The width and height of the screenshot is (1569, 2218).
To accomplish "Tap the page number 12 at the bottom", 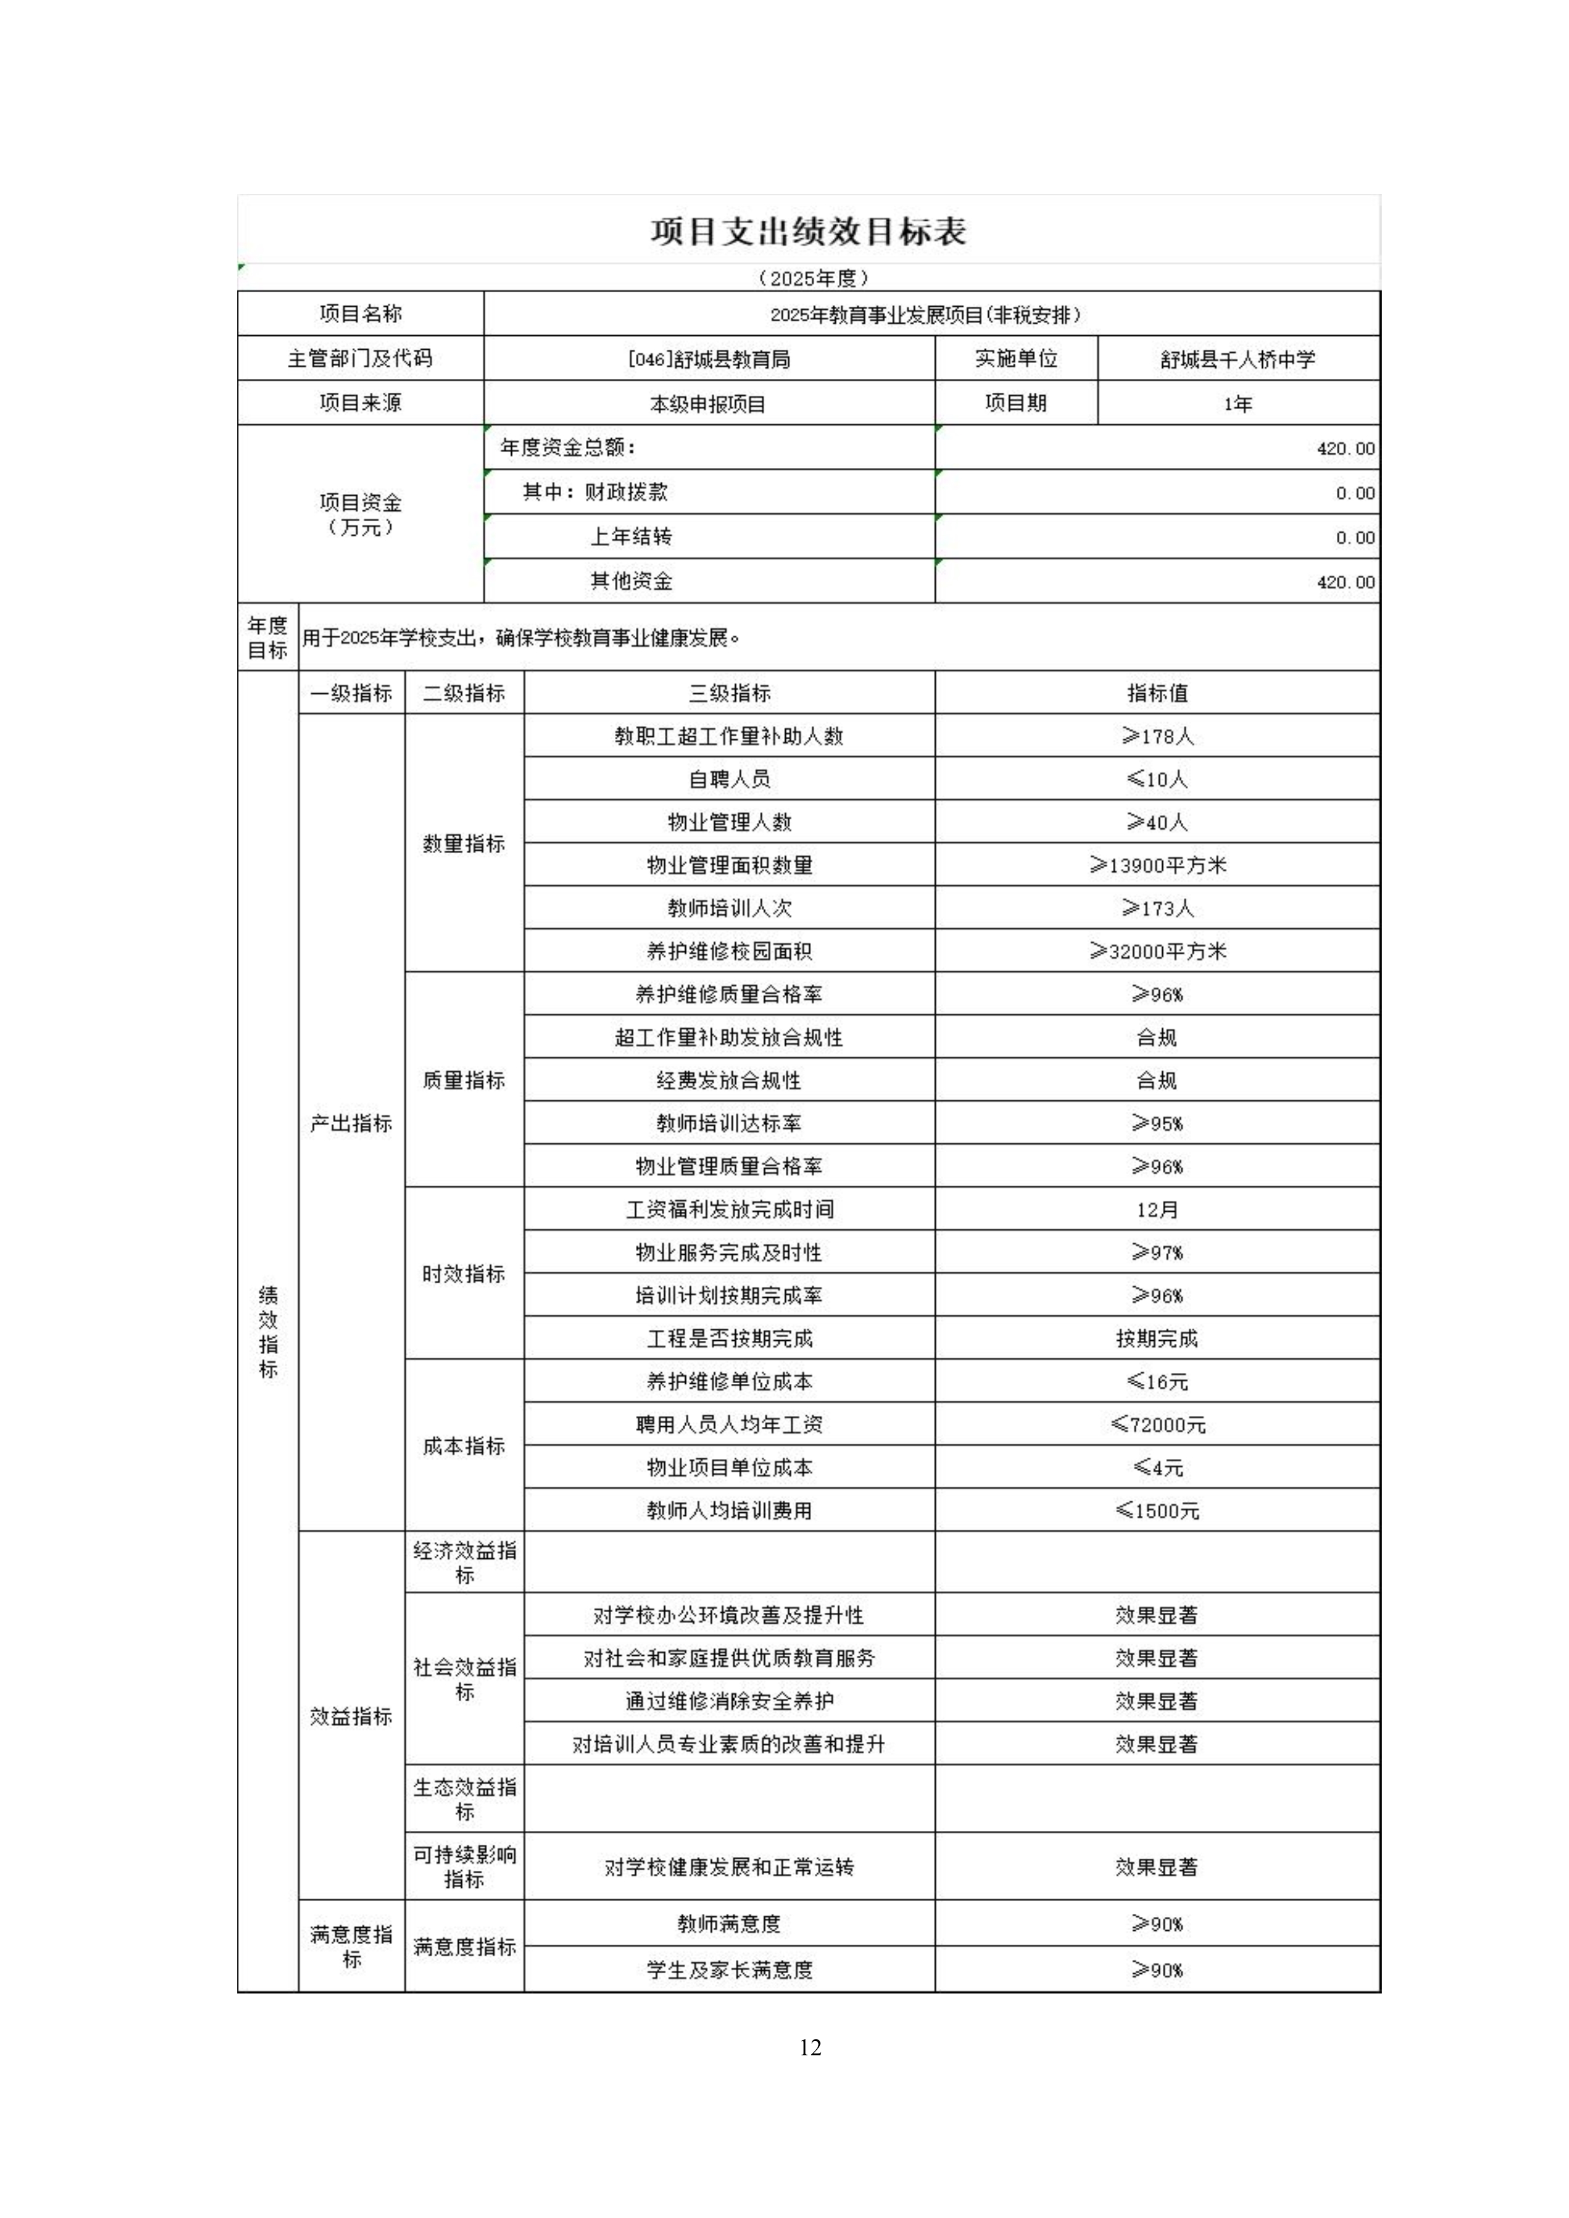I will tap(810, 2047).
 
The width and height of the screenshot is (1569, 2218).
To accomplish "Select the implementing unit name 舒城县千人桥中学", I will tap(1237, 359).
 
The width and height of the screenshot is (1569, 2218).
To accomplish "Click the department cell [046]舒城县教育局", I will tap(709, 359).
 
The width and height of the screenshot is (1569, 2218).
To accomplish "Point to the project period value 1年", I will tap(1237, 404).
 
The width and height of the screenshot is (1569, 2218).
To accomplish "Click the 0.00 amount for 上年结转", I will tap(1355, 537).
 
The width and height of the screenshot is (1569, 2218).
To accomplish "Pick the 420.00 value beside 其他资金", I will tap(1345, 582).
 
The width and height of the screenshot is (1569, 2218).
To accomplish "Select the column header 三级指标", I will tap(729, 693).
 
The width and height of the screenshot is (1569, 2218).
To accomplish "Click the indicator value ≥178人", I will tap(1157, 736).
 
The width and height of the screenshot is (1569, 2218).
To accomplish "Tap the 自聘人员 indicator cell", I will tap(729, 779).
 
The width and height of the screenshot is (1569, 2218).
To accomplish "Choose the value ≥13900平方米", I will tap(1157, 865).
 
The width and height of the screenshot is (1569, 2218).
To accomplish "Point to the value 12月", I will tap(1157, 1209).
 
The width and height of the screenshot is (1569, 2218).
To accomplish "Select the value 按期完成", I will tap(1157, 1338).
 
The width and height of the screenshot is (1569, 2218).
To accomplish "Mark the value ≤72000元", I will tap(1157, 1424).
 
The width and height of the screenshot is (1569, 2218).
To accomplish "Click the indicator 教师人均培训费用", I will tap(729, 1510).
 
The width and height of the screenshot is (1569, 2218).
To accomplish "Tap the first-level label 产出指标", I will tap(350, 1123).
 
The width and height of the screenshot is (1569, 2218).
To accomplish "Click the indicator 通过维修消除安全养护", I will tap(729, 1700).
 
